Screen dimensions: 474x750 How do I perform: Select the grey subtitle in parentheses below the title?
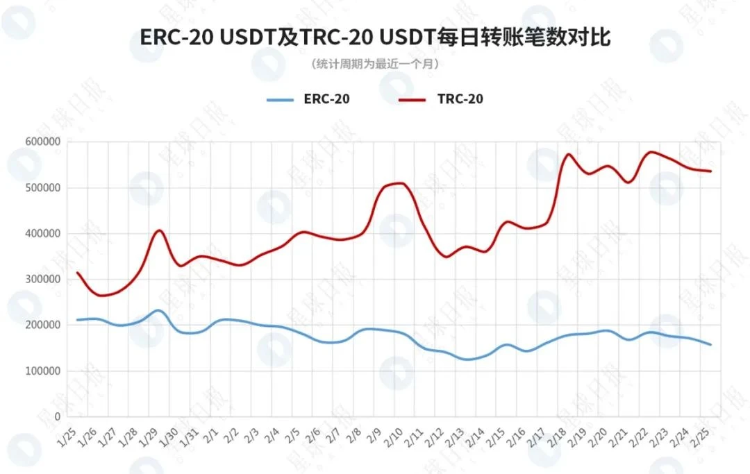pos(375,64)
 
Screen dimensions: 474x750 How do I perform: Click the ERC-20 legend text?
pos(326,99)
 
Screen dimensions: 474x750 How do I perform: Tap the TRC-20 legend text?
pos(460,99)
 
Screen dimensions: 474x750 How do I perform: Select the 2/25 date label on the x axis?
pos(703,436)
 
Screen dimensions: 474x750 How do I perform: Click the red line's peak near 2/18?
pos(569,154)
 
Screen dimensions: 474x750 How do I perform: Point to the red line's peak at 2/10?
pos(398,183)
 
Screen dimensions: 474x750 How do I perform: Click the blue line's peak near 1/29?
pos(158,310)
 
